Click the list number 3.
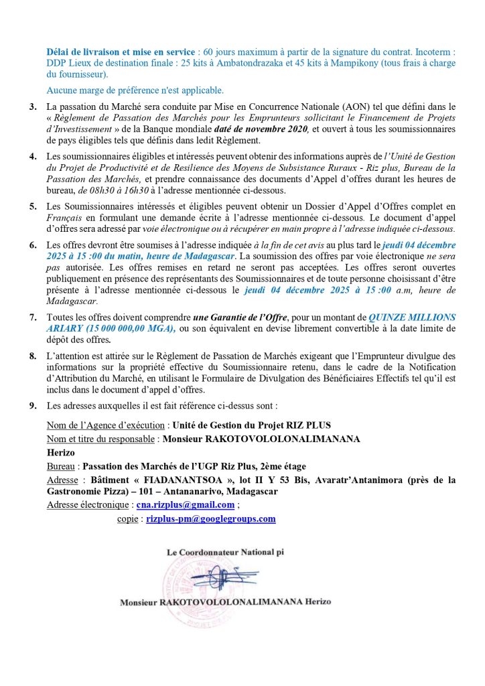[x=33, y=107]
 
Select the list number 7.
[x=33, y=317]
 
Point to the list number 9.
[x=33, y=406]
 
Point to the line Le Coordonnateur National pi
[x=224, y=552]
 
